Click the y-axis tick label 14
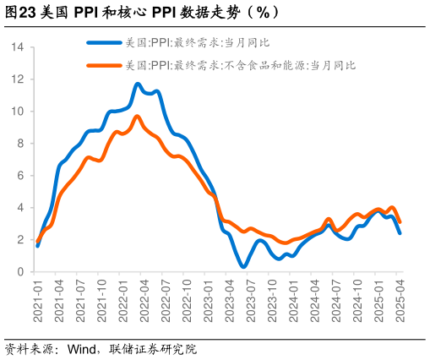coord(18,47)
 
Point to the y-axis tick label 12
coord(18,79)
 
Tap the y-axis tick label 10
coord(18,112)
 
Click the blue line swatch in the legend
coord(105,41)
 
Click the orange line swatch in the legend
coord(105,64)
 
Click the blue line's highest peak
coord(138,84)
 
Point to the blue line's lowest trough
coord(243,267)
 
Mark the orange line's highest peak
coord(138,117)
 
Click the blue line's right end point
coord(400,233)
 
